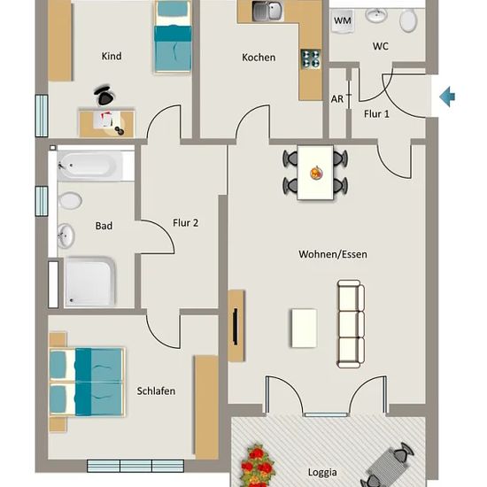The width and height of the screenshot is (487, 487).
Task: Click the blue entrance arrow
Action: pyautogui.click(x=447, y=97)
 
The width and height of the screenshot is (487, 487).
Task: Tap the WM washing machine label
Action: pyautogui.click(x=343, y=21)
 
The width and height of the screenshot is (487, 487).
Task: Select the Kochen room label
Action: pyautogui.click(x=259, y=58)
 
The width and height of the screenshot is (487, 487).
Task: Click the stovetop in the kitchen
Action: pyautogui.click(x=311, y=59)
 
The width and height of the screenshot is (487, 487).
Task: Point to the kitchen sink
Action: pyautogui.click(x=267, y=11)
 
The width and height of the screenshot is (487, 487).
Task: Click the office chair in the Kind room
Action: pyautogui.click(x=104, y=95)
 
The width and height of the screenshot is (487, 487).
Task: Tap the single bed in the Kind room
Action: pyautogui.click(x=173, y=36)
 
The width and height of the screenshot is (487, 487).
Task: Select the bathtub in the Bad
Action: pyautogui.click(x=90, y=166)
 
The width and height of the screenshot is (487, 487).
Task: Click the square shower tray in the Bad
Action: pyautogui.click(x=90, y=282)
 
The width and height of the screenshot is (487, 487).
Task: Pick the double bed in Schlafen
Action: pyautogui.click(x=87, y=382)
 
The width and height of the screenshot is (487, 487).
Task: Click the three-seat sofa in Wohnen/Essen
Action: pyautogui.click(x=351, y=324)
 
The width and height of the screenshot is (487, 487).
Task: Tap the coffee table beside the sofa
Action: pyautogui.click(x=304, y=328)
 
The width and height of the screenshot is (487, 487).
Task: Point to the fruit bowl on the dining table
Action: pyautogui.click(x=316, y=173)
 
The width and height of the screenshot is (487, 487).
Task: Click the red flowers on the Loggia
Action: pyautogui.click(x=258, y=466)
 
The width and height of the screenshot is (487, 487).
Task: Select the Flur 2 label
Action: pyautogui.click(x=185, y=222)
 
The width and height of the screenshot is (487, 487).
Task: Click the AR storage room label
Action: pyautogui.click(x=337, y=99)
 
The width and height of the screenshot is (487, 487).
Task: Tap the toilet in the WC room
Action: pyautogui.click(x=408, y=19)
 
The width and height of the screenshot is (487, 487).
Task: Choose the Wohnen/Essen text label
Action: pyautogui.click(x=333, y=254)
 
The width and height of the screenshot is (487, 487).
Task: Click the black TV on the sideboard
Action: pyautogui.click(x=236, y=327)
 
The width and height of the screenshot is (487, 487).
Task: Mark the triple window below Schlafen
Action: pyautogui.click(x=135, y=466)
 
